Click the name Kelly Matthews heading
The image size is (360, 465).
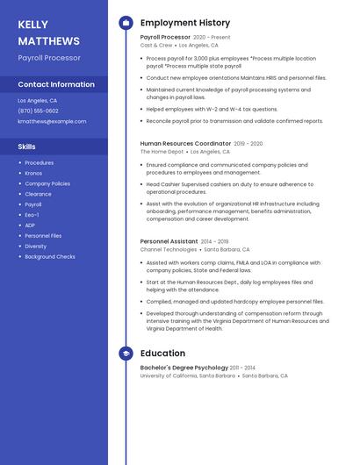(48, 32)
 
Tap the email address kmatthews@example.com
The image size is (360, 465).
(52, 121)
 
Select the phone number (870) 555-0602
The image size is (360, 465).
(38, 111)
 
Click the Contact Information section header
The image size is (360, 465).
(56, 84)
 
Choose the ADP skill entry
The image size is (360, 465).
(32, 225)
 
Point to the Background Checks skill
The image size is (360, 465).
(50, 257)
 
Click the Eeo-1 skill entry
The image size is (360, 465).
(32, 215)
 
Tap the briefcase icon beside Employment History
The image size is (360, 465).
(126, 23)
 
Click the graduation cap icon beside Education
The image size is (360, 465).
(126, 354)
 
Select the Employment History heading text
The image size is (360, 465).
(184, 23)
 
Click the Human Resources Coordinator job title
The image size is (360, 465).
(185, 143)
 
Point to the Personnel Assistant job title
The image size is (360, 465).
(169, 241)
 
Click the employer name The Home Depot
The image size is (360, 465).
(162, 151)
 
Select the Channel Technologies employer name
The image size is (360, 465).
(169, 249)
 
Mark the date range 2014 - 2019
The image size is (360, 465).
(214, 241)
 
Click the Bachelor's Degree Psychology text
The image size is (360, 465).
(184, 368)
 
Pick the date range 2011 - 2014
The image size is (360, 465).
(242, 368)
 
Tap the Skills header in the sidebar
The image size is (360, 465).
(26, 147)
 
